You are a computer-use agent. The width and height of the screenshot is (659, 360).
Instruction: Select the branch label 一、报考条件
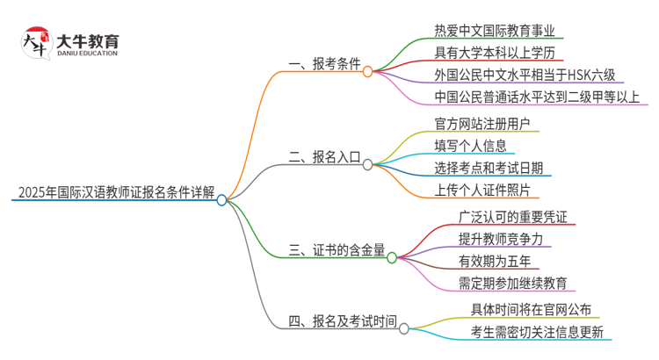pyautogui.click(x=324, y=64)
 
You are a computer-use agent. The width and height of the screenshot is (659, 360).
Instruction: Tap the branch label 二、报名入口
pyautogui.click(x=324, y=158)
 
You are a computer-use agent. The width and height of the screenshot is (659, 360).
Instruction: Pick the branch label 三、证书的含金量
pyautogui.click(x=337, y=251)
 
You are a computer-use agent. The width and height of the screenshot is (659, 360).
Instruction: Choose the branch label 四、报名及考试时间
pyautogui.click(x=343, y=321)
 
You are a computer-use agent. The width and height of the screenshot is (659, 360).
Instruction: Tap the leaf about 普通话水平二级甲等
pyautogui.click(x=537, y=96)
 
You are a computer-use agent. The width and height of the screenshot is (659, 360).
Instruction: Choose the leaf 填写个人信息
pyautogui.click(x=470, y=145)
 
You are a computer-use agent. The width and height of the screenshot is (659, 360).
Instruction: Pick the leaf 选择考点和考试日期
pyautogui.click(x=488, y=168)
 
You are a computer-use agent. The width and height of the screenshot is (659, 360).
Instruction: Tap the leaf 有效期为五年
pyautogui.click(x=493, y=261)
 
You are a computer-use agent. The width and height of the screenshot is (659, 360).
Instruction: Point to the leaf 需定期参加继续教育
pyautogui.click(x=511, y=283)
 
